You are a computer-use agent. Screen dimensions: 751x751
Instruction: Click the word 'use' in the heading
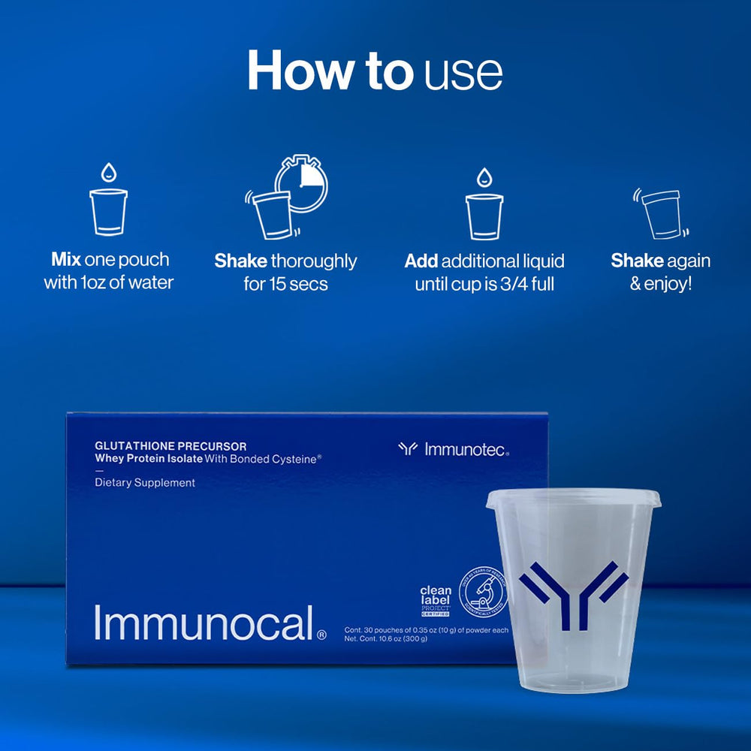pyautogui.click(x=463, y=74)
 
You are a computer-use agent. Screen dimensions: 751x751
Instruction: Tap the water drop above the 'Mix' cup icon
pyautogui.click(x=109, y=173)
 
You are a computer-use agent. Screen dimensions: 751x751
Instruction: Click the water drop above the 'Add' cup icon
pyautogui.click(x=484, y=177)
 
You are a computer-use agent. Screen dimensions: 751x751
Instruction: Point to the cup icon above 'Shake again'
pyautogui.click(x=659, y=213)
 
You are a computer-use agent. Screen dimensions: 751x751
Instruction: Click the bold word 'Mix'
pyautogui.click(x=65, y=260)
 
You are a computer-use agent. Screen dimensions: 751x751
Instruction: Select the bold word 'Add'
pyautogui.click(x=421, y=261)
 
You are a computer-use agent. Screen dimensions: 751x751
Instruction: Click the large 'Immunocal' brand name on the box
pyautogui.click(x=203, y=623)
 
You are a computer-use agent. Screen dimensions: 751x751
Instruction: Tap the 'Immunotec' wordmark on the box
pyautogui.click(x=466, y=450)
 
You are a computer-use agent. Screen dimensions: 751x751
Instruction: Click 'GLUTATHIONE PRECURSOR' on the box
pyautogui.click(x=170, y=446)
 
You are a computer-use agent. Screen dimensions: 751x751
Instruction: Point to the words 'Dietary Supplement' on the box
pyautogui.click(x=145, y=483)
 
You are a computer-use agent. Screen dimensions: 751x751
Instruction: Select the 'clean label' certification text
pyautogui.click(x=435, y=595)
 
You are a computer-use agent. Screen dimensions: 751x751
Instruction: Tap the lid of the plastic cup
pyautogui.click(x=573, y=498)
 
